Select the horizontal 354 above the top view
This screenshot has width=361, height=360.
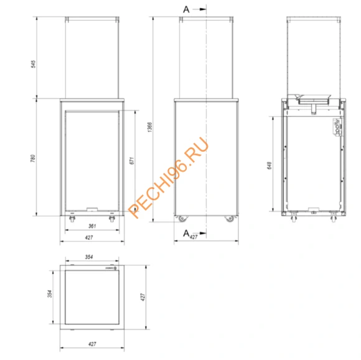(91, 257)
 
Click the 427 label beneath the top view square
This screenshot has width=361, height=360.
(91, 343)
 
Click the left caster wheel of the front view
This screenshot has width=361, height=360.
(71, 219)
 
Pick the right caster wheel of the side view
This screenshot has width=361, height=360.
(228, 218)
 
